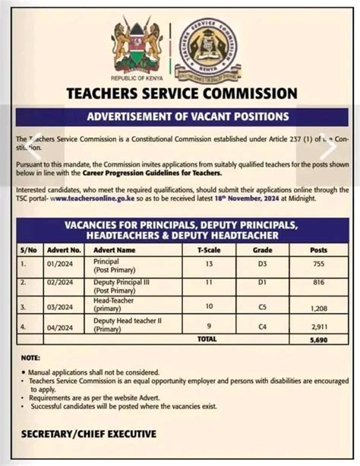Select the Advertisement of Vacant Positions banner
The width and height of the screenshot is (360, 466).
(180, 116)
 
